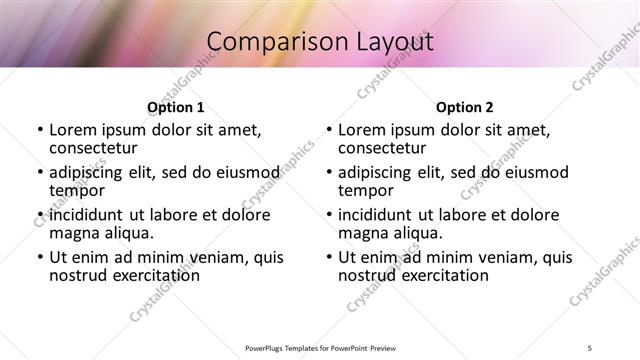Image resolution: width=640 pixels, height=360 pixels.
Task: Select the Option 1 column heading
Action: (175, 107)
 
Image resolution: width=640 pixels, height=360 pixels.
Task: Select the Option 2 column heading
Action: (464, 107)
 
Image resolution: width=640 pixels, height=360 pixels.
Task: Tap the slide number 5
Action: (591, 347)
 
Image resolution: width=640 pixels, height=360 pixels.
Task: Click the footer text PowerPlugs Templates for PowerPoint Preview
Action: (319, 347)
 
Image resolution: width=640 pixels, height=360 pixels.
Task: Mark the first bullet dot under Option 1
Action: (40, 131)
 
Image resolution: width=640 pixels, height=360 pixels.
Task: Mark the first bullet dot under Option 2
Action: (329, 131)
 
